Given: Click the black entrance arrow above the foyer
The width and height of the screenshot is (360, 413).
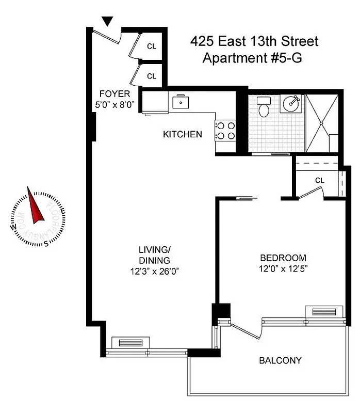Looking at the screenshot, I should tap(107, 21).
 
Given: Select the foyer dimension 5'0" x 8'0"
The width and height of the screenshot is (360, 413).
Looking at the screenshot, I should tap(114, 105).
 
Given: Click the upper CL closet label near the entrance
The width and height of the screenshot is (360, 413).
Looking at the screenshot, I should tap(152, 46).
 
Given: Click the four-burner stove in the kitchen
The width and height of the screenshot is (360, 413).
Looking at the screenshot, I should tap(225, 130).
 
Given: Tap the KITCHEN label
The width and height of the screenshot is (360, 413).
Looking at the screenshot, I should tap(182, 135).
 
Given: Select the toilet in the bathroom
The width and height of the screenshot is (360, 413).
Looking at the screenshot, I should tap(264, 107).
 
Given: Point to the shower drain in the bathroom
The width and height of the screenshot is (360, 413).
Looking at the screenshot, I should tap(322, 124).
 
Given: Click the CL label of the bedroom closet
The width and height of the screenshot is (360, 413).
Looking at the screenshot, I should tap(319, 180).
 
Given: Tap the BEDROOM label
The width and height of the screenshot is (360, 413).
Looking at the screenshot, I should tap(283, 258).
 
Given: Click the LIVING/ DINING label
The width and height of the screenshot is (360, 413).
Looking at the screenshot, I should tap(154, 255).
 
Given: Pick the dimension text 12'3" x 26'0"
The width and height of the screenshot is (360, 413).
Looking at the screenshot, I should tap(154, 271).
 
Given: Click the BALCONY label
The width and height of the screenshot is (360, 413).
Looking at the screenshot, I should tap(280, 360).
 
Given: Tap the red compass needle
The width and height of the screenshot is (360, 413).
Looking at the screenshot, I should tap(36, 208).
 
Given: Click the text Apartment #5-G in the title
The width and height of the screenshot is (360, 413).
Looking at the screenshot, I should tap(252, 58).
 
